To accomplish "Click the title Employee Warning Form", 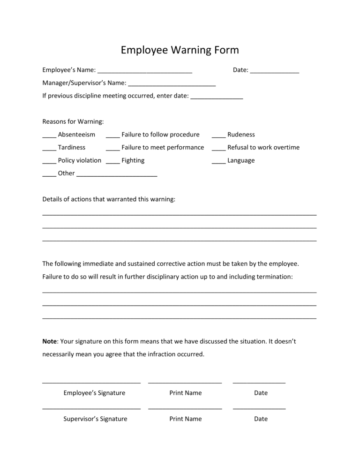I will [180, 50].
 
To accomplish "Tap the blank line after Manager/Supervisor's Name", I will [172, 85].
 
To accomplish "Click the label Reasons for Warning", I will [73, 121].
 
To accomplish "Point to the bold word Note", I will [49, 341].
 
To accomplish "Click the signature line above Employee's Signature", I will [91, 383].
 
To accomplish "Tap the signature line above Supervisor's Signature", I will [91, 409].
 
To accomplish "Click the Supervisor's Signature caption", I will [95, 419].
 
